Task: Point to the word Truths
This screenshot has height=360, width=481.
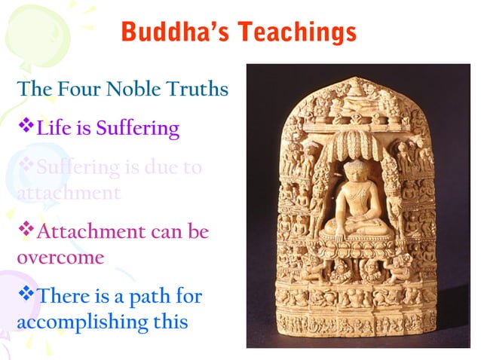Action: click(198, 89)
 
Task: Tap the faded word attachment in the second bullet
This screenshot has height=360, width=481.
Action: click(68, 192)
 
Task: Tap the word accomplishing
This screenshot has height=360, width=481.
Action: click(83, 322)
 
